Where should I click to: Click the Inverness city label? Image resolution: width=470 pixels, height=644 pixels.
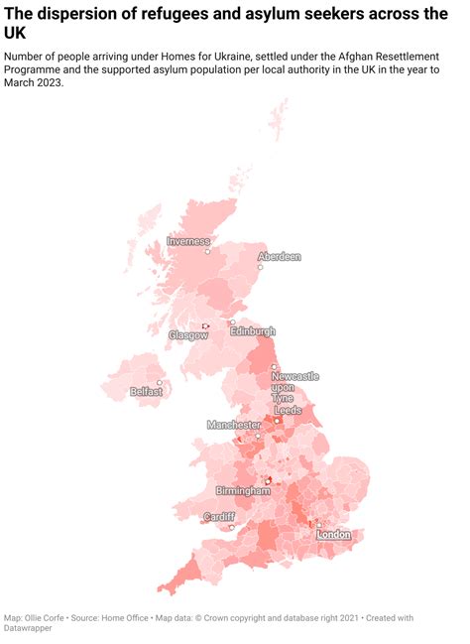click(188, 241)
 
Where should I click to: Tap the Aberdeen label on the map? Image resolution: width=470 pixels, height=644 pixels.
click(279, 256)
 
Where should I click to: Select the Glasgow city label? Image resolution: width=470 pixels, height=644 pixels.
click(188, 335)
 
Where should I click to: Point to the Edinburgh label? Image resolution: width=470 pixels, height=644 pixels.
click(253, 331)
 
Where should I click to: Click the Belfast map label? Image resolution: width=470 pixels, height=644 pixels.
click(147, 392)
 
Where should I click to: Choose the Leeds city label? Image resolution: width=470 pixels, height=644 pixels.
click(288, 410)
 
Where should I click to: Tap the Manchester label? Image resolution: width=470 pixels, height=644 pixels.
click(234, 425)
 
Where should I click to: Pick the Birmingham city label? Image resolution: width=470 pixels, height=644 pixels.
click(244, 491)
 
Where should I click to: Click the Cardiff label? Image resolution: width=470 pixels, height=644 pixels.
click(219, 517)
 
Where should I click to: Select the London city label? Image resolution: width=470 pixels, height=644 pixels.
click(334, 535)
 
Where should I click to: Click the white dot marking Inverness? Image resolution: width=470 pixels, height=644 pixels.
click(207, 251)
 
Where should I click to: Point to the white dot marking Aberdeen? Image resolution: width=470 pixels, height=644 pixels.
click(260, 267)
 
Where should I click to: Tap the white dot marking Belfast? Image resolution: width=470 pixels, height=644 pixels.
click(160, 383)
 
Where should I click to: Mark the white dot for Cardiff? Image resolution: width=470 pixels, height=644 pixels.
click(231, 527)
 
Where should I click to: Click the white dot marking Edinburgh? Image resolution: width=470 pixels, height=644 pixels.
click(233, 322)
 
